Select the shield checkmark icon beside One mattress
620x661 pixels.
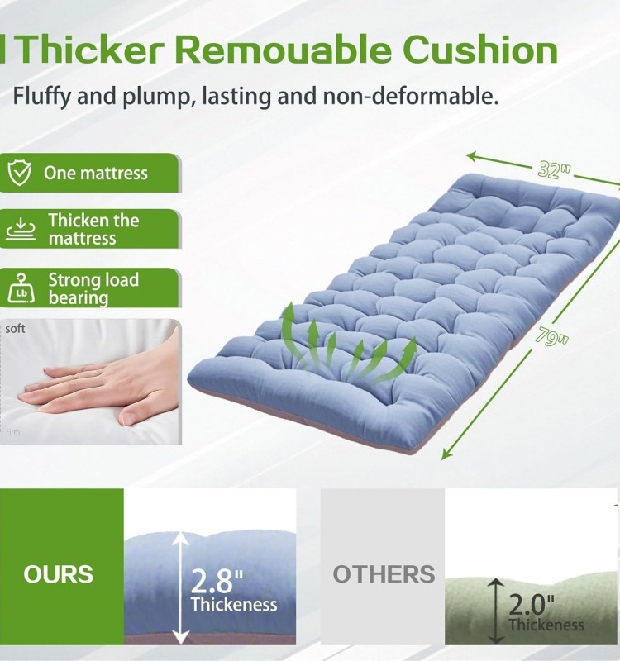[x=20, y=174]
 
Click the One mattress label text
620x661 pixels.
[x=96, y=174]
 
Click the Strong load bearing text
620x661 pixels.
[x=93, y=288]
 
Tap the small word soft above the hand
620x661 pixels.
[x=15, y=329]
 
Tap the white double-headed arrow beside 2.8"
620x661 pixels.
[x=180, y=587]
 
